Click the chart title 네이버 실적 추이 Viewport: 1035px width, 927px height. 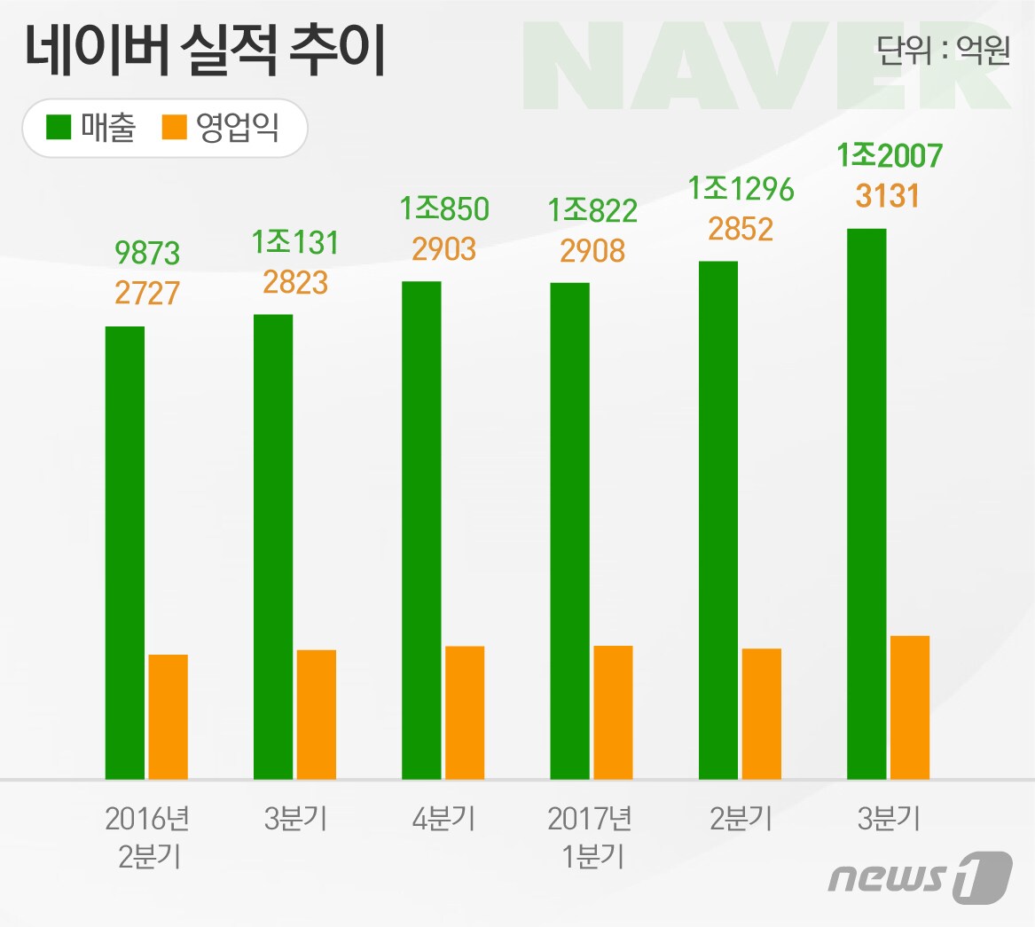coord(205,51)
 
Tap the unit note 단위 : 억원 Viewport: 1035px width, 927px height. coord(943,51)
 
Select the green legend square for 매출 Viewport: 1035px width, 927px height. coord(58,127)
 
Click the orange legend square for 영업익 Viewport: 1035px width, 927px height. coord(174,127)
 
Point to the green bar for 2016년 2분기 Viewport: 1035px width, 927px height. coord(125,554)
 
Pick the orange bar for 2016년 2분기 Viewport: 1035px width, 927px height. coord(168,717)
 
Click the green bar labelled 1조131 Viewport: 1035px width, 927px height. coord(273,547)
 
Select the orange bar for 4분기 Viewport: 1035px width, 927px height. coord(465,713)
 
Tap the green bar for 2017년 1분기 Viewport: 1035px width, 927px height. coord(569,531)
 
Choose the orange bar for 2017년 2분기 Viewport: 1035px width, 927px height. coord(762,714)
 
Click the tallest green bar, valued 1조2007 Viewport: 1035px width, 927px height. coord(866,505)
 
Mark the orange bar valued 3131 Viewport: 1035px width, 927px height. coord(910,708)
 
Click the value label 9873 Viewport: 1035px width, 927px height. coord(147,253)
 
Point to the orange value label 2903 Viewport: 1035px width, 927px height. coord(444,249)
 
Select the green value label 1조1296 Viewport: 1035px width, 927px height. coord(741,190)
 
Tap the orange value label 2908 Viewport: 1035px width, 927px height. coord(592,251)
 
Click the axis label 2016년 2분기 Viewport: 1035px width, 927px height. coord(147,838)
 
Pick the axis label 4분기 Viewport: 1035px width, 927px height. coord(444,820)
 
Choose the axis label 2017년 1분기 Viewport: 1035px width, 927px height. coord(590,838)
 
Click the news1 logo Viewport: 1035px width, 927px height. coord(920,878)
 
